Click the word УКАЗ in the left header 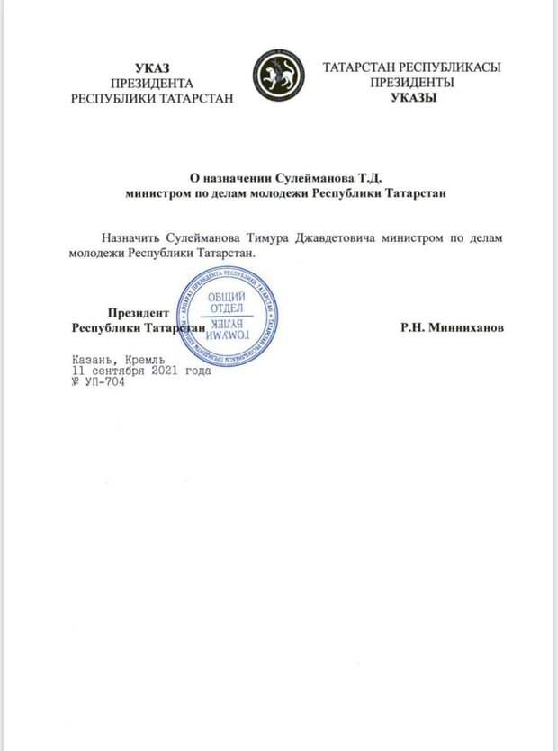pyautogui.click(x=151, y=67)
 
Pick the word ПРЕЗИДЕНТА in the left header pyautogui.click(x=151, y=83)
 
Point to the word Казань pyautogui.click(x=93, y=358)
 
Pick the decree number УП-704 pyautogui.click(x=105, y=380)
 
